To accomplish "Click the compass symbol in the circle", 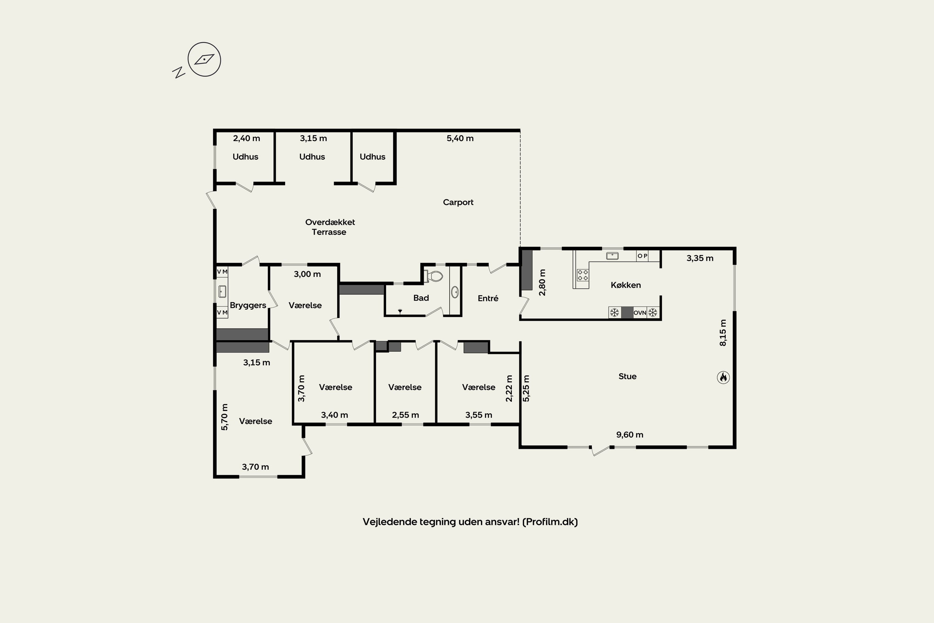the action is click(x=204, y=59).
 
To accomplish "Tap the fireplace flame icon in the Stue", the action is click(x=723, y=377).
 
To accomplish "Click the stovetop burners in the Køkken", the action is click(x=583, y=275).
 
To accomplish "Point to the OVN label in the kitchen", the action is click(x=640, y=313).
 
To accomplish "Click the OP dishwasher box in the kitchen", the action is click(x=642, y=256).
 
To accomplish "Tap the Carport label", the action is click(x=458, y=202).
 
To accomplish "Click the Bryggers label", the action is click(x=248, y=306).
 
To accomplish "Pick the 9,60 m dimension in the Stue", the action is click(x=630, y=435).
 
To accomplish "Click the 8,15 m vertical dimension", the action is click(x=723, y=333).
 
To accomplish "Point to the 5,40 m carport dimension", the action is click(x=460, y=138).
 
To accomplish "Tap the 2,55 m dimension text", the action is click(x=405, y=415).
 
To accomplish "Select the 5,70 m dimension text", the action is click(x=224, y=417).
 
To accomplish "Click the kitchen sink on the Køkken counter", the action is click(x=612, y=256).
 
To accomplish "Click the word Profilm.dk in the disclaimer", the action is click(x=550, y=522).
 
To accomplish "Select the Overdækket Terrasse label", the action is click(x=330, y=227).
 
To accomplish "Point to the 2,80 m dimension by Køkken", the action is click(x=542, y=283).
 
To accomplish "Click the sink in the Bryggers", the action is click(x=222, y=291).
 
